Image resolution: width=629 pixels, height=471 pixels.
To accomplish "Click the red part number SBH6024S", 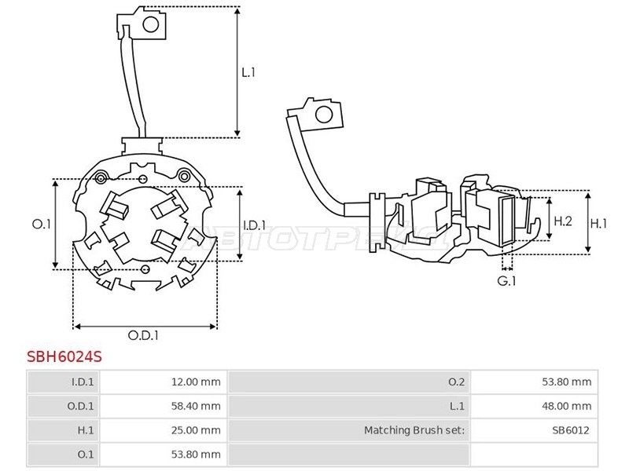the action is click(x=64, y=356).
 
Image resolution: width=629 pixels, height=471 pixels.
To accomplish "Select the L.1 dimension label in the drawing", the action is click(x=248, y=72).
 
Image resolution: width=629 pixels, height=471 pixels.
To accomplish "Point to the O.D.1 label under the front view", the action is click(x=143, y=335).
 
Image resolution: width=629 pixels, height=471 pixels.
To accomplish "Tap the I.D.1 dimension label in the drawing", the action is click(x=255, y=225).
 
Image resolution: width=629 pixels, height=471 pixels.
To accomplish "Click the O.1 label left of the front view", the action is click(x=42, y=225).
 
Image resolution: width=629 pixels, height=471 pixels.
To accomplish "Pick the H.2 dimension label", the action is click(x=563, y=221).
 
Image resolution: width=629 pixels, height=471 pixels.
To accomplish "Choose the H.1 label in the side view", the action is click(x=598, y=223).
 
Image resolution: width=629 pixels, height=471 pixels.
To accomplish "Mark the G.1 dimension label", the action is click(x=506, y=281).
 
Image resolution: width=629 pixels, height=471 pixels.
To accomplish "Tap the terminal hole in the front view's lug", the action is click(x=151, y=24).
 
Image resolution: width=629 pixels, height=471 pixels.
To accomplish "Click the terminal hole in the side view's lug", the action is click(x=324, y=115).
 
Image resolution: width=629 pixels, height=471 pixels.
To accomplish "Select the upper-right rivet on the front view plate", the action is click(x=184, y=176).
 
